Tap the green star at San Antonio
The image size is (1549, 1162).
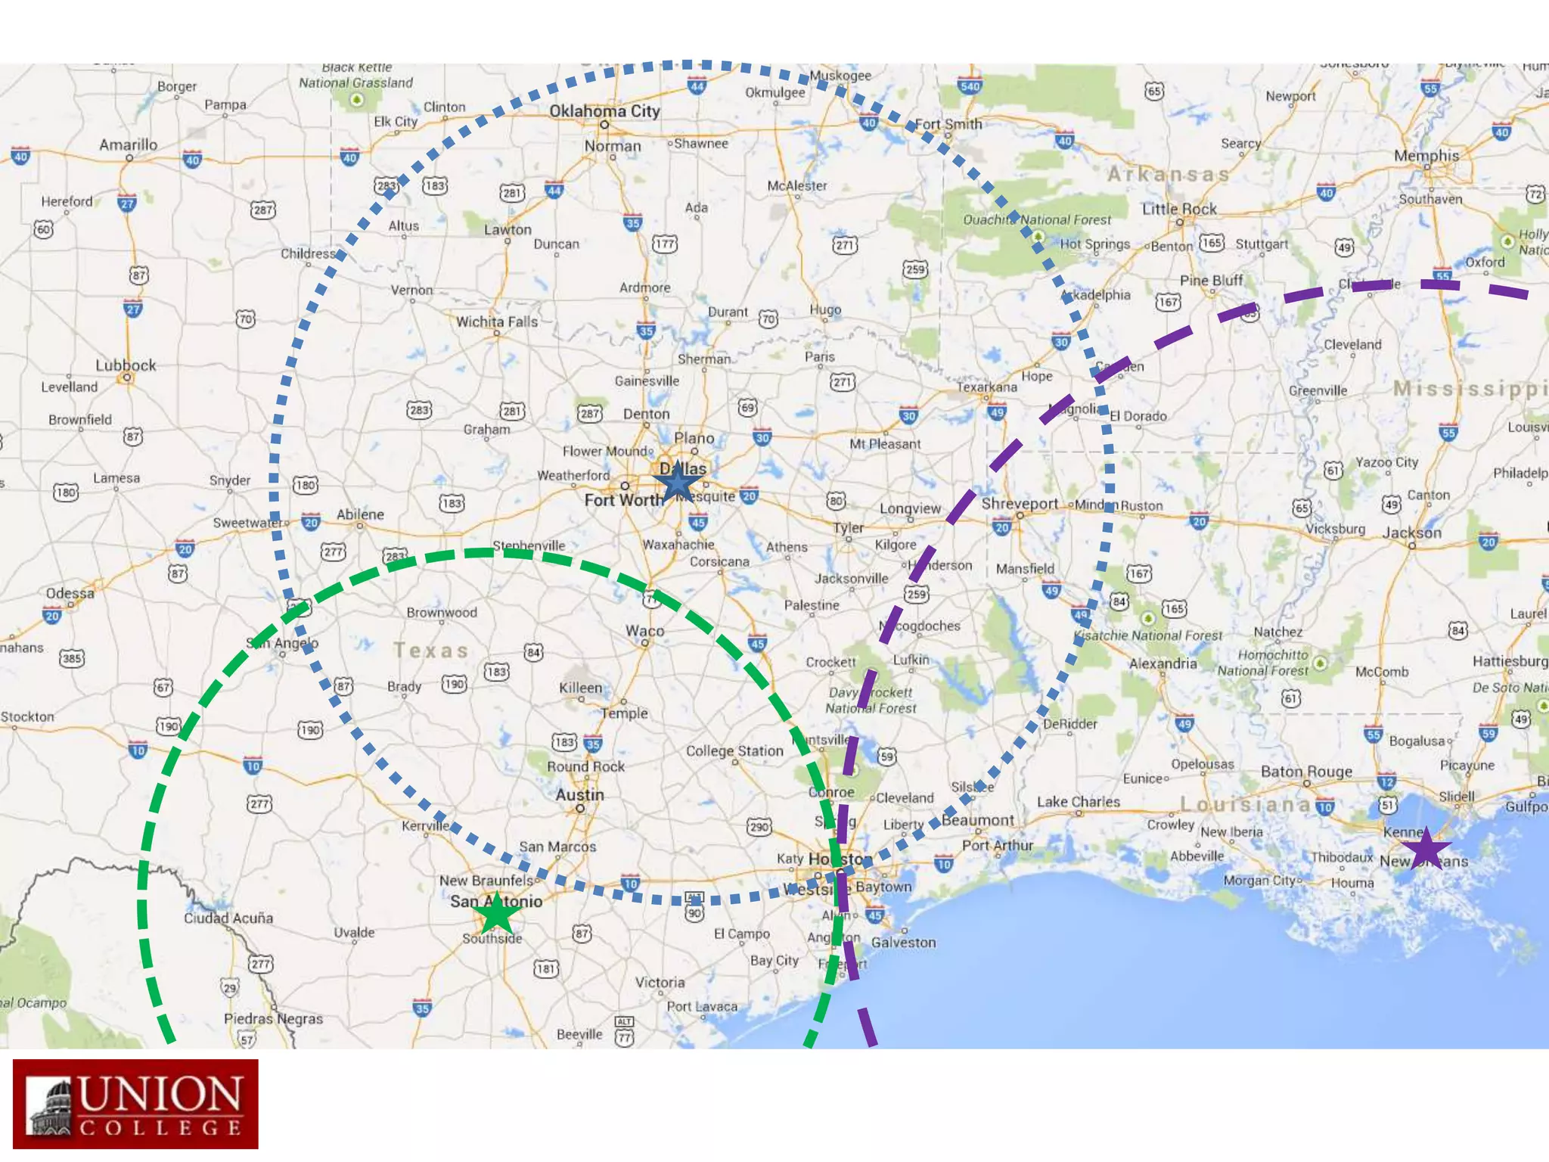pyautogui.click(x=497, y=914)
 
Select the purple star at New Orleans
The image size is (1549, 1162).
pyautogui.click(x=1425, y=849)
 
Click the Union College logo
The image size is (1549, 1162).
pyautogui.click(x=135, y=1104)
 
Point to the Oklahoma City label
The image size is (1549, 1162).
pyautogui.click(x=604, y=111)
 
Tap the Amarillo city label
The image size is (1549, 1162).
pyautogui.click(x=129, y=144)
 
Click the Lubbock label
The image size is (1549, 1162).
pyautogui.click(x=126, y=365)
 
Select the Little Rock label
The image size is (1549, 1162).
pyautogui.click(x=1179, y=209)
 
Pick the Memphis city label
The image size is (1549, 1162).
pyautogui.click(x=1426, y=155)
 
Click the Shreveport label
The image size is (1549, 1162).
pyautogui.click(x=1020, y=504)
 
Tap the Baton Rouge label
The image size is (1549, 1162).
pyautogui.click(x=1306, y=772)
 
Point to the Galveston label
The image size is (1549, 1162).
pyautogui.click(x=903, y=943)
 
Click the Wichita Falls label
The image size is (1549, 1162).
pyautogui.click(x=497, y=322)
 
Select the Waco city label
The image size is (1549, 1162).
pyautogui.click(x=644, y=631)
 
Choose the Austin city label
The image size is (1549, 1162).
pyautogui.click(x=579, y=795)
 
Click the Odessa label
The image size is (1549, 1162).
pyautogui.click(x=70, y=593)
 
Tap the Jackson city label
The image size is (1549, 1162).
pyautogui.click(x=1411, y=533)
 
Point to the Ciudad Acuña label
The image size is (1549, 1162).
pyautogui.click(x=228, y=918)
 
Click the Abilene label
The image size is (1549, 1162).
pyautogui.click(x=360, y=514)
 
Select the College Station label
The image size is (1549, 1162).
pyautogui.click(x=734, y=751)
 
